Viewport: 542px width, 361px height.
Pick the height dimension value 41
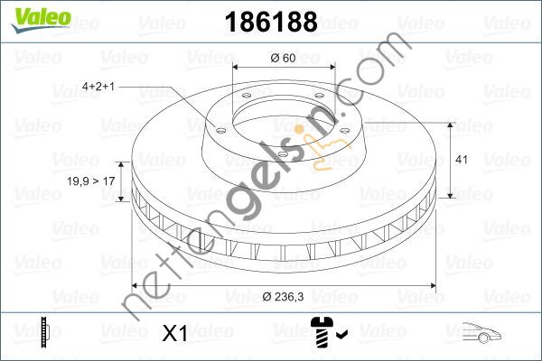460,160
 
